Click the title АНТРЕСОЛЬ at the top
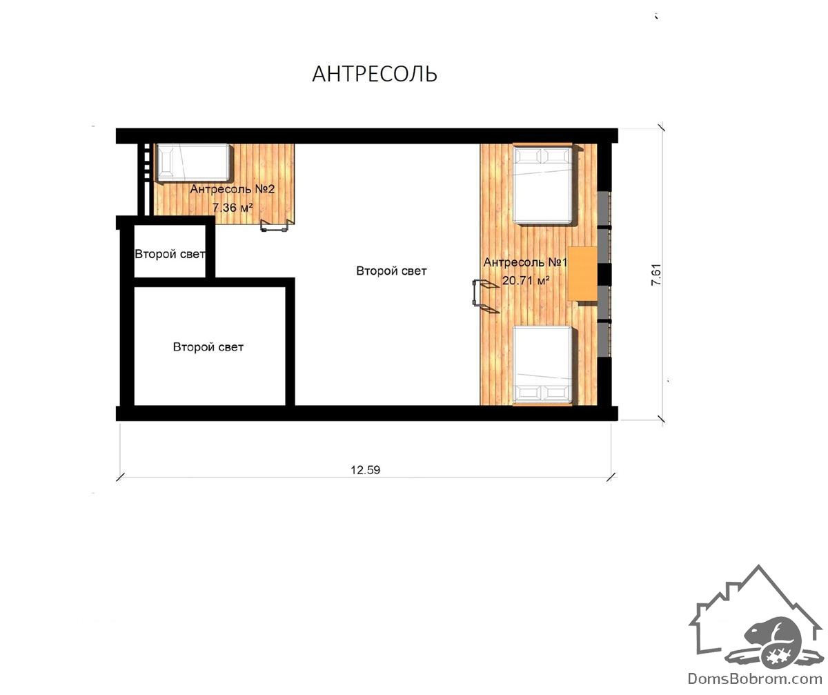coord(375,74)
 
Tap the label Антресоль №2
coord(232,189)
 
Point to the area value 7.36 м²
coord(233,207)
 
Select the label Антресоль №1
coord(525,262)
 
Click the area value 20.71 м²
coord(525,280)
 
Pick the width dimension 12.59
coord(365,470)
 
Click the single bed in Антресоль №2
coord(193,163)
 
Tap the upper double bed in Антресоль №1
coord(542,184)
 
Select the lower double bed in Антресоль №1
coord(542,365)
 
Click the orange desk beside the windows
coord(582,274)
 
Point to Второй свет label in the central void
coord(391,271)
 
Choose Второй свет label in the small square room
coord(170,254)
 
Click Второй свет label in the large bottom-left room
coord(208,347)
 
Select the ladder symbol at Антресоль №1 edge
coord(485,296)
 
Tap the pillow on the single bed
coord(166,163)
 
